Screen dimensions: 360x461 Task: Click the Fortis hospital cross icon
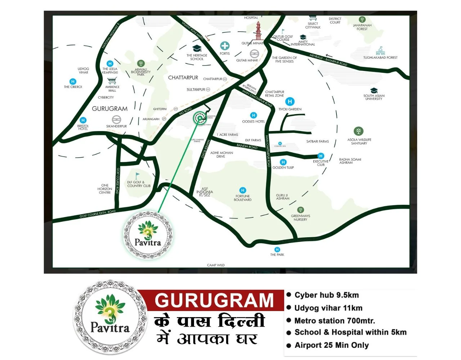click(225, 46)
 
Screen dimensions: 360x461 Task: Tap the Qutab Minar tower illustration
click(258, 31)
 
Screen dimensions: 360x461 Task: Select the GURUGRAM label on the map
click(109, 108)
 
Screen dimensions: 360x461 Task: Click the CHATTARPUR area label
click(183, 77)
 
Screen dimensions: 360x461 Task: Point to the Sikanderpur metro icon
click(116, 120)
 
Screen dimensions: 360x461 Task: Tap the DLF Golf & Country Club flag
click(137, 176)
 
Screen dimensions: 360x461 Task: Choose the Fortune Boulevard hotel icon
click(243, 190)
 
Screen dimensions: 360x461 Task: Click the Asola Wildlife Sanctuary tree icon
click(358, 131)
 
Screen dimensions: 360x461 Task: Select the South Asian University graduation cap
click(374, 90)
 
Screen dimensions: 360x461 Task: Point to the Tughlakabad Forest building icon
click(380, 51)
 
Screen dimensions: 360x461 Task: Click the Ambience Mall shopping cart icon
click(112, 81)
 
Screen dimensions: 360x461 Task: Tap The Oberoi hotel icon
click(73, 81)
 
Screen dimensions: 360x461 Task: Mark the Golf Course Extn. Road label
click(97, 213)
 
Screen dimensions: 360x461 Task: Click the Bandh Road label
click(247, 146)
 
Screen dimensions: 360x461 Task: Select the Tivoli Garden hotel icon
click(290, 102)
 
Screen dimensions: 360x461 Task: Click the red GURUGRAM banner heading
click(214, 300)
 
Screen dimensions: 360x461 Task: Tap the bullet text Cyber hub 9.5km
click(326, 295)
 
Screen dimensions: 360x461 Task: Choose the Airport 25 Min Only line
click(331, 345)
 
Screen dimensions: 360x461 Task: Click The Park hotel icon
click(277, 249)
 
